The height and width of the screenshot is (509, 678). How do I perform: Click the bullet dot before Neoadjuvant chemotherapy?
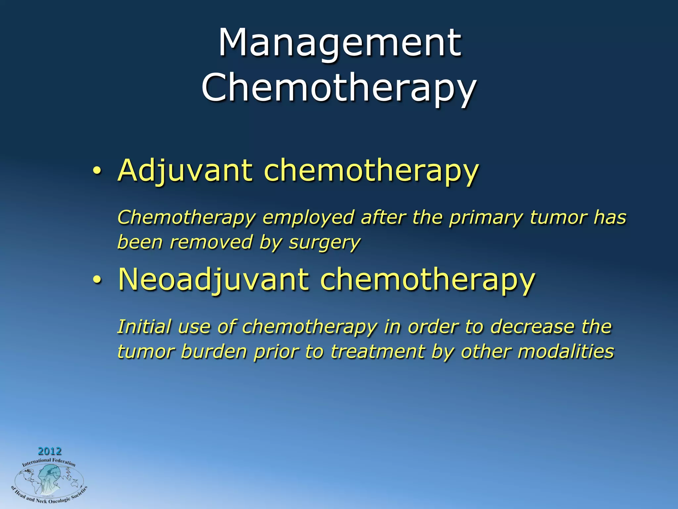pyautogui.click(x=96, y=280)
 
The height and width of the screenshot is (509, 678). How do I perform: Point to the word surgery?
pyautogui.click(x=324, y=243)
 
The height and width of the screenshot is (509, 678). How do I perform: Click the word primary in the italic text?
pyautogui.click(x=486, y=218)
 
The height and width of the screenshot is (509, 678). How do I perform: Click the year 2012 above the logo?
pyautogui.click(x=50, y=451)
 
